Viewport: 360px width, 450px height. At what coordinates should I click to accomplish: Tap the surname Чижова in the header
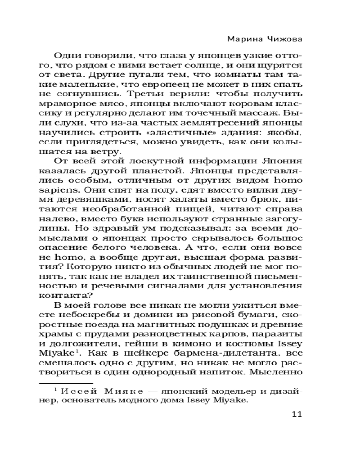[283, 39]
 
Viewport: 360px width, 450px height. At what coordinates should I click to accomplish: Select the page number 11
[297, 414]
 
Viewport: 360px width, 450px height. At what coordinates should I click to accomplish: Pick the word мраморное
[76, 104]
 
